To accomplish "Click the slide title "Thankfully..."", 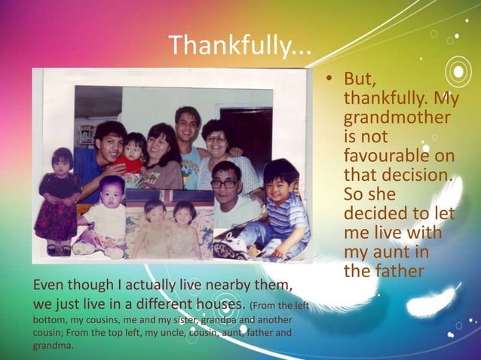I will coord(240,46).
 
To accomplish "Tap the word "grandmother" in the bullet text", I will coord(397,119).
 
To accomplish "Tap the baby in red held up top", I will coord(134,151).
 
